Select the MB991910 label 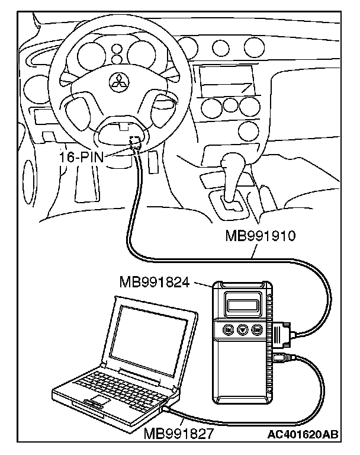point(260,237)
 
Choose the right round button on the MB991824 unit point(256,329)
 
